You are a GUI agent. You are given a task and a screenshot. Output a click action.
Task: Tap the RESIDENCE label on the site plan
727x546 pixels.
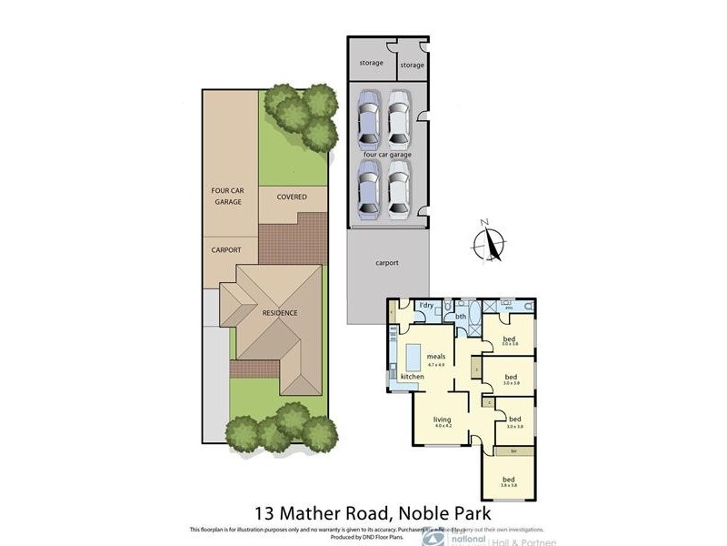point(280,312)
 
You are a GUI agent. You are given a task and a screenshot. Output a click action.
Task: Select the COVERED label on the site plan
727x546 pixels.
point(292,197)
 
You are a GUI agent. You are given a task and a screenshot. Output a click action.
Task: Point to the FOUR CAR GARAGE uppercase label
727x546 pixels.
point(226,196)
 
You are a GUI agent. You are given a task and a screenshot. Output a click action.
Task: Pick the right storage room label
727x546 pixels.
point(413,65)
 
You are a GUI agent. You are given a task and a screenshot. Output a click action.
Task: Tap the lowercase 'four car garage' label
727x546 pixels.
point(387,155)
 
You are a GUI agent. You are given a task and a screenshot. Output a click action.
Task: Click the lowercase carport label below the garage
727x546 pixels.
point(387,263)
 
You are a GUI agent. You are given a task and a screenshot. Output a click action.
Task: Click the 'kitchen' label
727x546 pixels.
point(413,376)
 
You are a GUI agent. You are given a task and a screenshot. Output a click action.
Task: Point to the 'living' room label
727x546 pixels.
point(443,420)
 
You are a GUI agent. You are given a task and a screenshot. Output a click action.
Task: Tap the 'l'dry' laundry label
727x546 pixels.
point(425,306)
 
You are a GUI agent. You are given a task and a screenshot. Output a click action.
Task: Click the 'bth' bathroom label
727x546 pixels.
point(461,317)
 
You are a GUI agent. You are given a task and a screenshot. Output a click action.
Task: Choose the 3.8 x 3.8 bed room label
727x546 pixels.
point(510,480)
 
